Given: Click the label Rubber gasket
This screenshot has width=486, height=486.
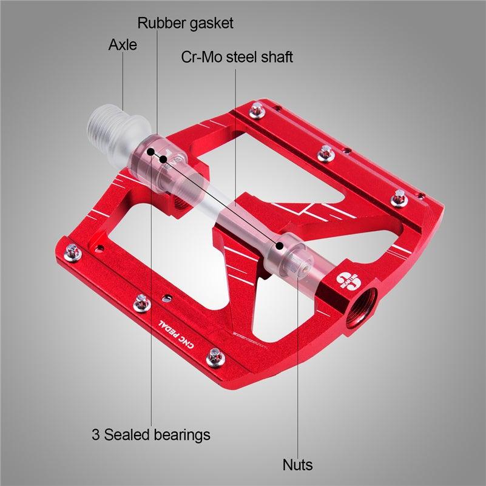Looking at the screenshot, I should pyautogui.click(x=185, y=24).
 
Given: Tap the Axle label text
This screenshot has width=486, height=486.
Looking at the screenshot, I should pyautogui.click(x=123, y=45).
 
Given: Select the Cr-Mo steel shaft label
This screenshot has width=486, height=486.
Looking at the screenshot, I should pyautogui.click(x=237, y=58).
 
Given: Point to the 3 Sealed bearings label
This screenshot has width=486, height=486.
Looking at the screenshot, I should pyautogui.click(x=151, y=434).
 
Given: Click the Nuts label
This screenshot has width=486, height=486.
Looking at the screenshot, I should pyautogui.click(x=297, y=465).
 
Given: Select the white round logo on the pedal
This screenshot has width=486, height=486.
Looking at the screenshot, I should pyautogui.click(x=345, y=280).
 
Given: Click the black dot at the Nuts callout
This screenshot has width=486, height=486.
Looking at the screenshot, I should pyautogui.click(x=280, y=246).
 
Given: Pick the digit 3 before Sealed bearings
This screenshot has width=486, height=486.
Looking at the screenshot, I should pyautogui.click(x=96, y=434).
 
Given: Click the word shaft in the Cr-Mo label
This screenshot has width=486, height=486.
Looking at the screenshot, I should pyautogui.click(x=278, y=58).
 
